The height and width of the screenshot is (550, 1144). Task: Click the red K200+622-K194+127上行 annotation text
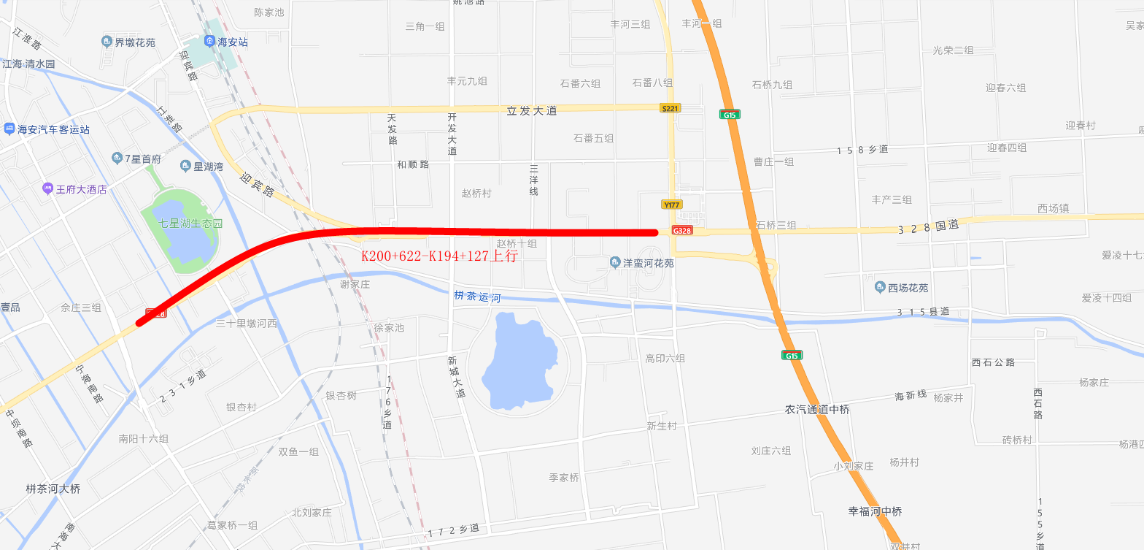439,256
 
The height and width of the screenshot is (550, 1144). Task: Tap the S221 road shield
670,108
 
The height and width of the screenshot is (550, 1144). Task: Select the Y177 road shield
671,205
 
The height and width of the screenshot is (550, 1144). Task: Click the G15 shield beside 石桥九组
728,115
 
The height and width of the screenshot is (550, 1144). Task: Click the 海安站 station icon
210,42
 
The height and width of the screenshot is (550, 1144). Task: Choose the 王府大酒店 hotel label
81,189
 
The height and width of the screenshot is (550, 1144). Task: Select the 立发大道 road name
532,111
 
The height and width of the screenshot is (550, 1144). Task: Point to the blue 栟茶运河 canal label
477,297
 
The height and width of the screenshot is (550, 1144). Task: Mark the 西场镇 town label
1053,209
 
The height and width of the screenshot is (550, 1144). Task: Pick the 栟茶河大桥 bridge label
53,489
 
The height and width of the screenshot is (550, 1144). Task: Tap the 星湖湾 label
208,167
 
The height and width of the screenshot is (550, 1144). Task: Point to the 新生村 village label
661,426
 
